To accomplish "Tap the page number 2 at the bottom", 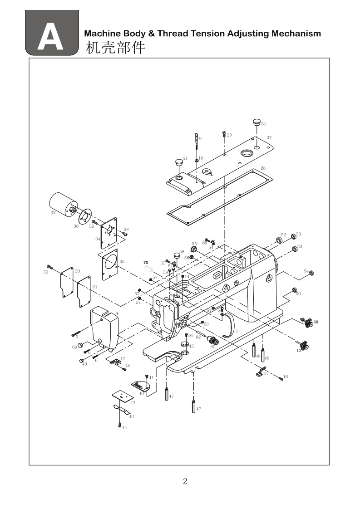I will [185, 482].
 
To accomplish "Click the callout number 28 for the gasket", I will [263, 168].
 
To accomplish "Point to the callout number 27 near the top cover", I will [269, 137].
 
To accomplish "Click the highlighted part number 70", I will [146, 263].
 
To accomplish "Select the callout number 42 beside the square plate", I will [133, 402].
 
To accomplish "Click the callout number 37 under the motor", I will [53, 212].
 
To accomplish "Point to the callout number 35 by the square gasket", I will [122, 262].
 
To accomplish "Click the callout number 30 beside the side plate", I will [77, 271].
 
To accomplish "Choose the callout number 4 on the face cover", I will [117, 313].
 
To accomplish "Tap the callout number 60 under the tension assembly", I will [212, 347].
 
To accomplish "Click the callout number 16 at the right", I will [286, 377].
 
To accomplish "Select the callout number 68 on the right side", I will [316, 322].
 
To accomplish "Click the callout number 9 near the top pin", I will [200, 138].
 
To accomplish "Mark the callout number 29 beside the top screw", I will [229, 135].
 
